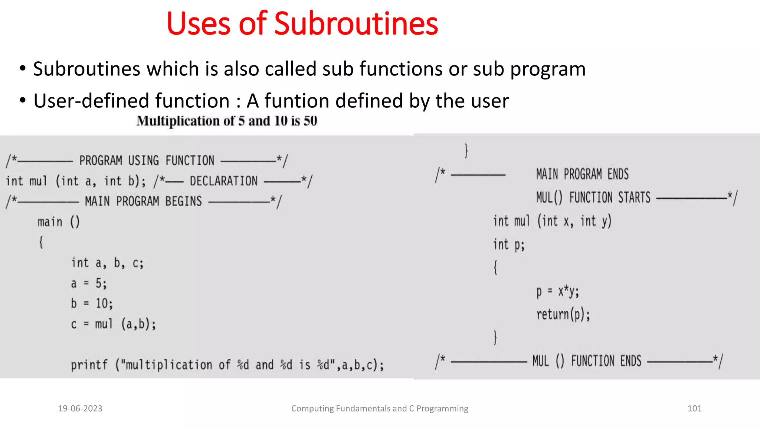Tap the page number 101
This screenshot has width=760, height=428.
[x=694, y=408]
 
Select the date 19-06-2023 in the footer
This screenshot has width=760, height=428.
[x=80, y=408]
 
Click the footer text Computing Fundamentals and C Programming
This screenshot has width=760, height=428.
[x=380, y=408]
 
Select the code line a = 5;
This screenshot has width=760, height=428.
[x=89, y=283]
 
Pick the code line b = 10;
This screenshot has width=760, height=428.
[x=92, y=304]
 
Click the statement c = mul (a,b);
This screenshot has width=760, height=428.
[x=113, y=324]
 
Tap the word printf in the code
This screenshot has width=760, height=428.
[x=89, y=365]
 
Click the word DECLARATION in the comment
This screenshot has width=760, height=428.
[x=223, y=181]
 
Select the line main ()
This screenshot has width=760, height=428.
[x=59, y=222]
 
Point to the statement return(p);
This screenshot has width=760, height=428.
[x=563, y=315]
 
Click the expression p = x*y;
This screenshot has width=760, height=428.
[x=557, y=292]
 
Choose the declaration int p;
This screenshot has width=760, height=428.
[x=508, y=245]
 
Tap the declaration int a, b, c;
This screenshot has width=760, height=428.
[x=107, y=263]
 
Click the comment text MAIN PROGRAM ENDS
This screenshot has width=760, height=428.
[x=582, y=174]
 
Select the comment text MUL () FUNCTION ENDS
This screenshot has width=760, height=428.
[x=587, y=361]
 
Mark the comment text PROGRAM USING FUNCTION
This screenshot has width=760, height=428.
[x=147, y=160]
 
